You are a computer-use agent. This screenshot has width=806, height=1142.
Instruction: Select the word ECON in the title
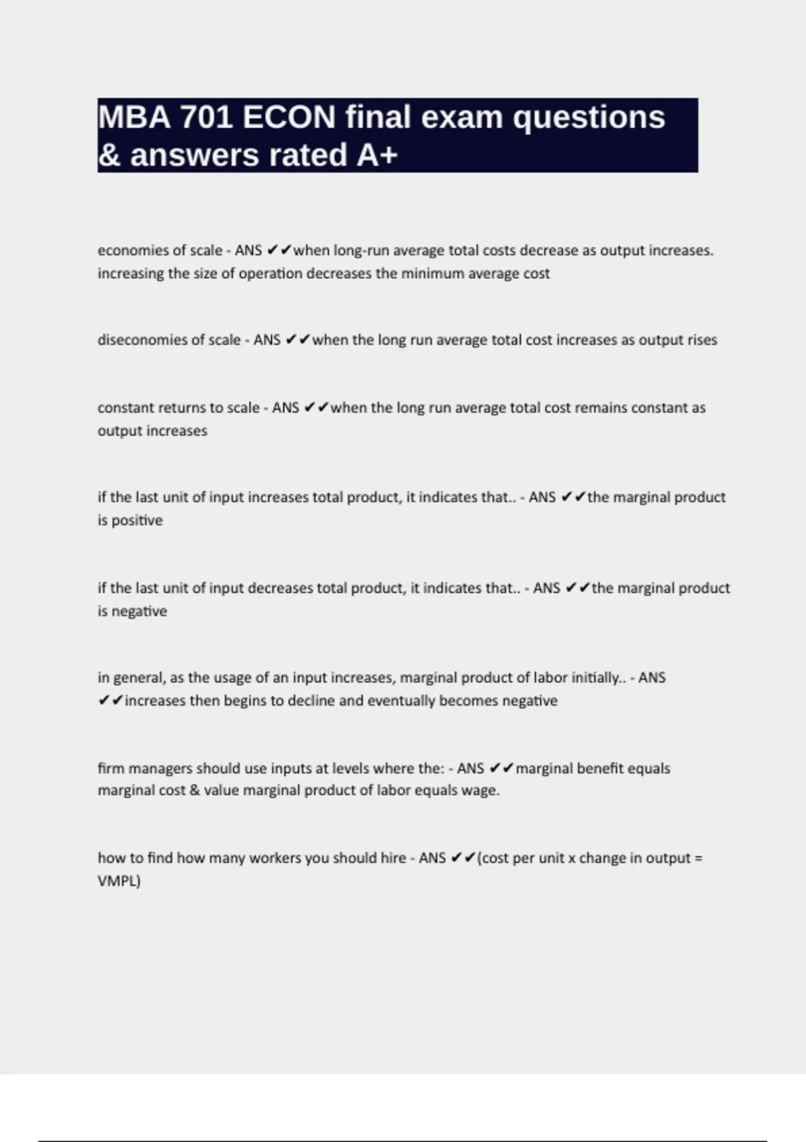pos(289,118)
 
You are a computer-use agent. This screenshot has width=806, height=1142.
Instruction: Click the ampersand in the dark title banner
pos(109,155)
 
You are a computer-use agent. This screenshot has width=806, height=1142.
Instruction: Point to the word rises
pos(701,340)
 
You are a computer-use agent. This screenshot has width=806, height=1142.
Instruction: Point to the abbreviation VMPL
pos(118,881)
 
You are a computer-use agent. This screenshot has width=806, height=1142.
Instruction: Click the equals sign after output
pos(698,859)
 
